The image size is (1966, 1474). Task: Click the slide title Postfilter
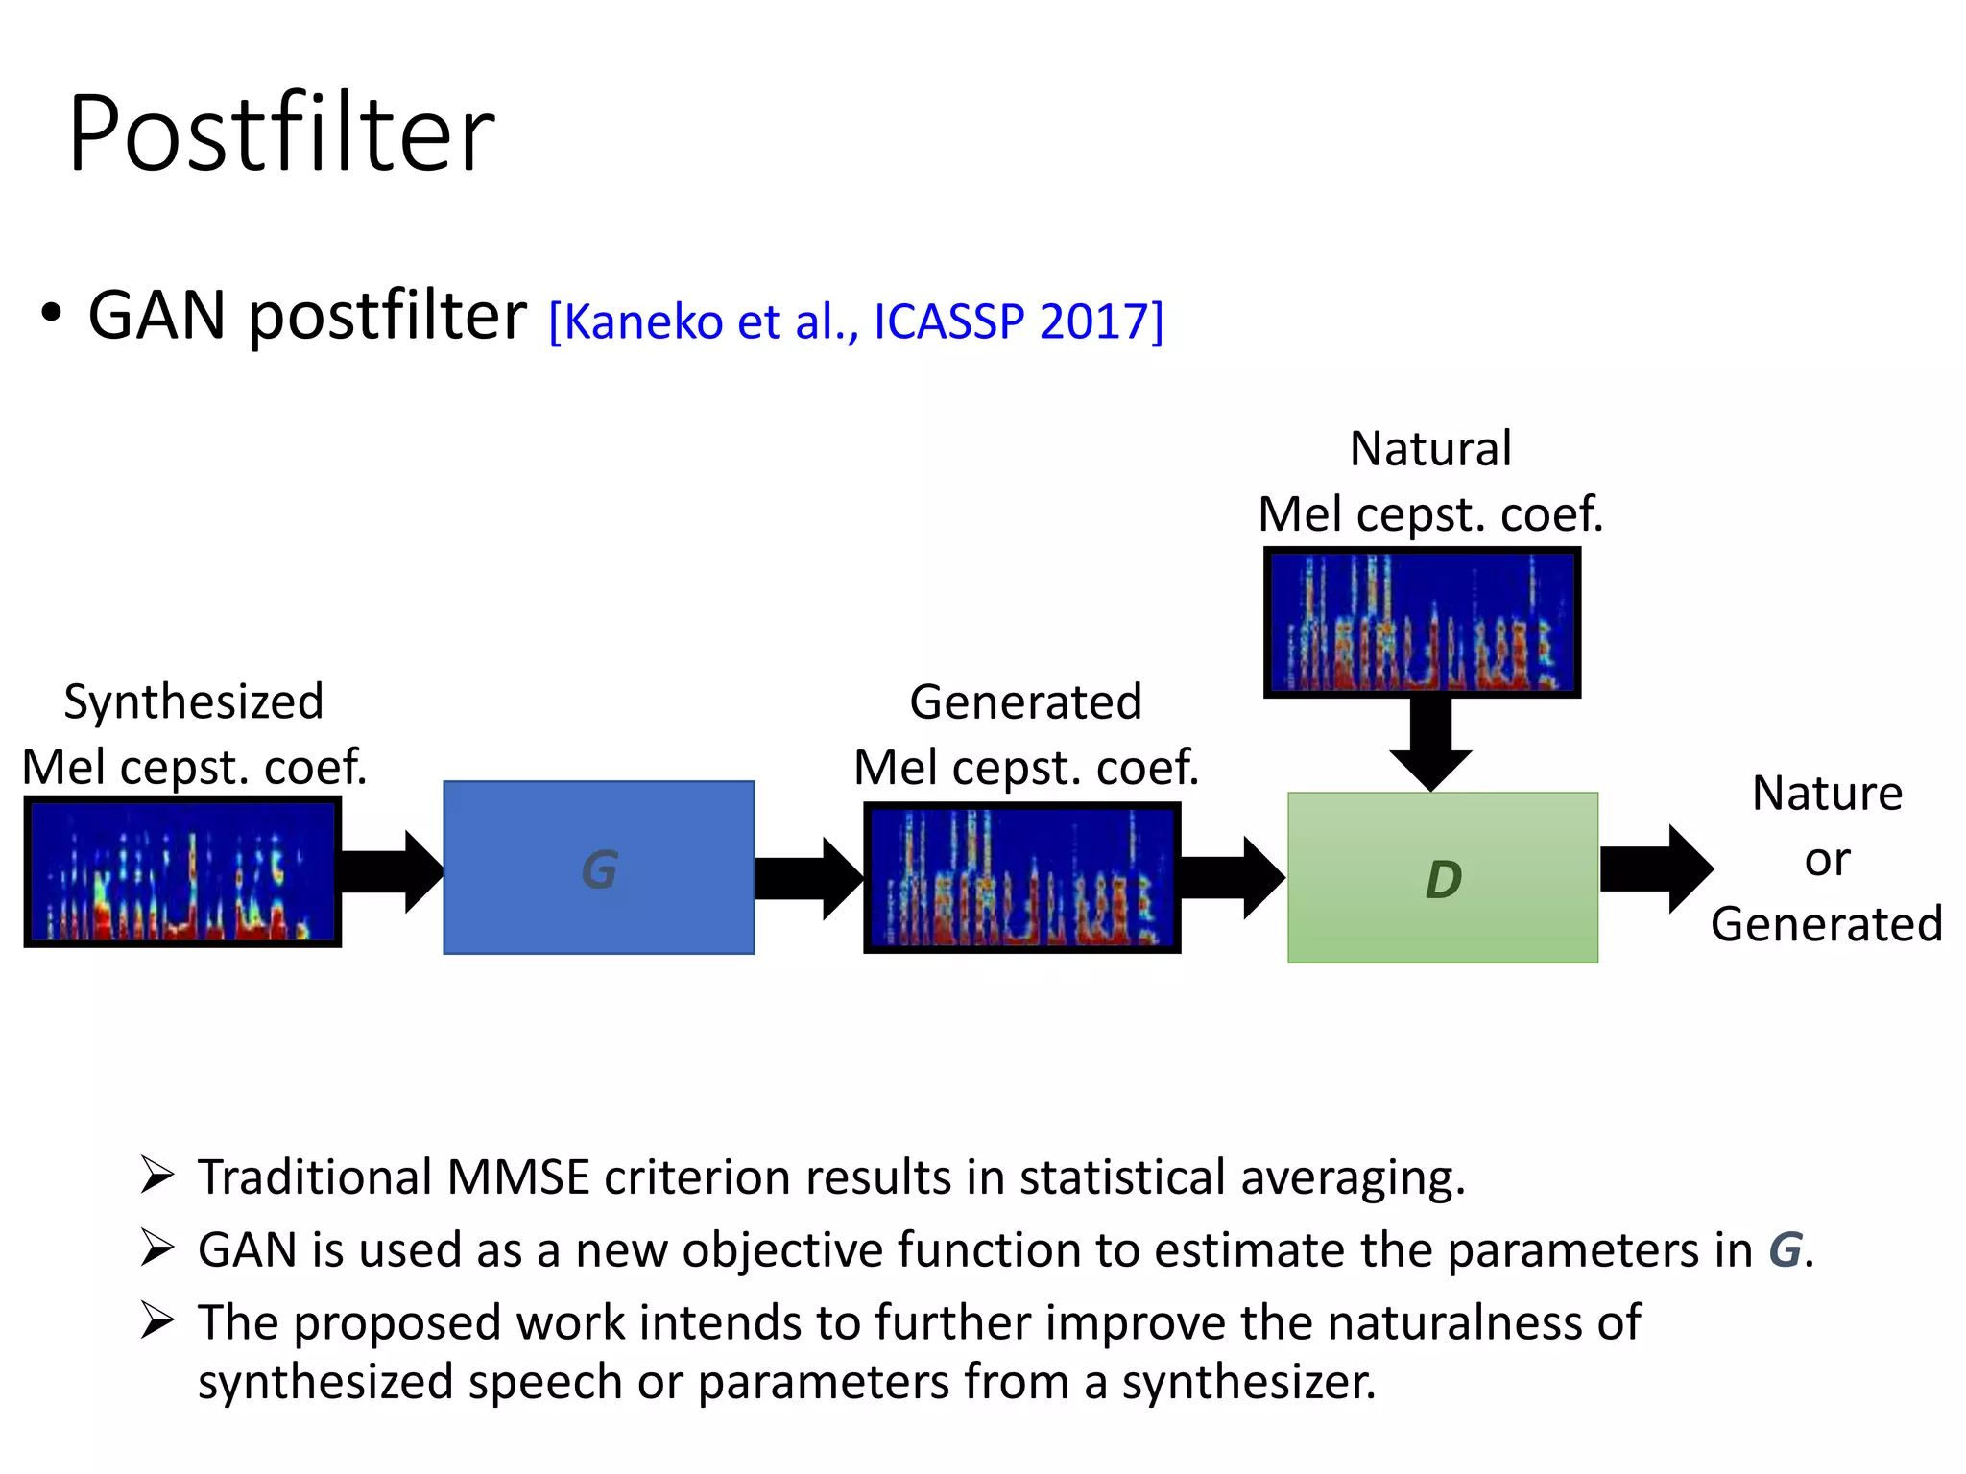coord(281,134)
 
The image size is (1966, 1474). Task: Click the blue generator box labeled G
coord(598,868)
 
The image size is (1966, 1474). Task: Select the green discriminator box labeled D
coord(1442,877)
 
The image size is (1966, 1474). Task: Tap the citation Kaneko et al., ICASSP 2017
coord(855,321)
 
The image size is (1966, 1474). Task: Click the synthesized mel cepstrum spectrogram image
coord(182,871)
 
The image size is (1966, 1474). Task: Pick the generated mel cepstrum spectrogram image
coord(1021,877)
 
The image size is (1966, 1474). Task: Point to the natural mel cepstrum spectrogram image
coord(1422,622)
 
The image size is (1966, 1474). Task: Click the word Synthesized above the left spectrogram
coord(194,701)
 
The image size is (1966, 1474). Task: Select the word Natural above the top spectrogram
coord(1430,448)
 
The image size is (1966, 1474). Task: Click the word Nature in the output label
coord(1827,794)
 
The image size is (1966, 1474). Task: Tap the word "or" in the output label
coord(1826,859)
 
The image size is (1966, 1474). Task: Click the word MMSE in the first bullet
coord(517,1177)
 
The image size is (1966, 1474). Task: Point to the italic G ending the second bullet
coord(1785,1249)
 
